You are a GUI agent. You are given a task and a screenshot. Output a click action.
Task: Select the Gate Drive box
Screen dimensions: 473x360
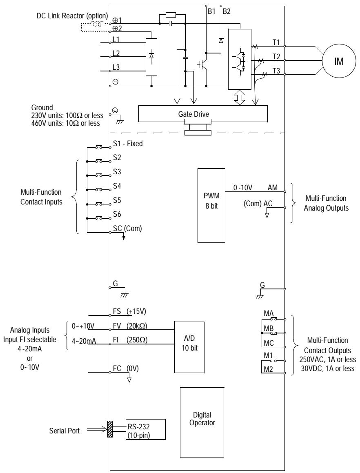(203, 113)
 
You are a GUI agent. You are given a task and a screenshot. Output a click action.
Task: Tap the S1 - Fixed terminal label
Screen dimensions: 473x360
(127, 144)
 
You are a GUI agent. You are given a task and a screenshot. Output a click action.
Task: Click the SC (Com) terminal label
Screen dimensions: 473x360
(127, 229)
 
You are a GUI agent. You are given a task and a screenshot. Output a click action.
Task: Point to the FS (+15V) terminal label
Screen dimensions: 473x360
(129, 311)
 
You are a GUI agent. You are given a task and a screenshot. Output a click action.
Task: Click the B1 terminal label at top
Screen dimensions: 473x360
(211, 11)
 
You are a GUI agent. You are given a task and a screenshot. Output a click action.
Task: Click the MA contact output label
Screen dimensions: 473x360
(268, 313)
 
